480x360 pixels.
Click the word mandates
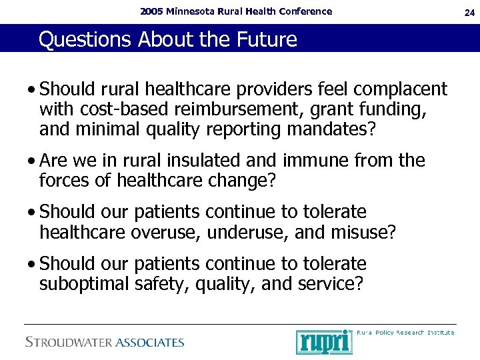pos(331,128)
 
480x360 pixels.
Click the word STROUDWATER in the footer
pos(69,343)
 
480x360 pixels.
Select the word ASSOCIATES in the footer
pos(150,343)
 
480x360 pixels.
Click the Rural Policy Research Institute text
pos(405,332)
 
